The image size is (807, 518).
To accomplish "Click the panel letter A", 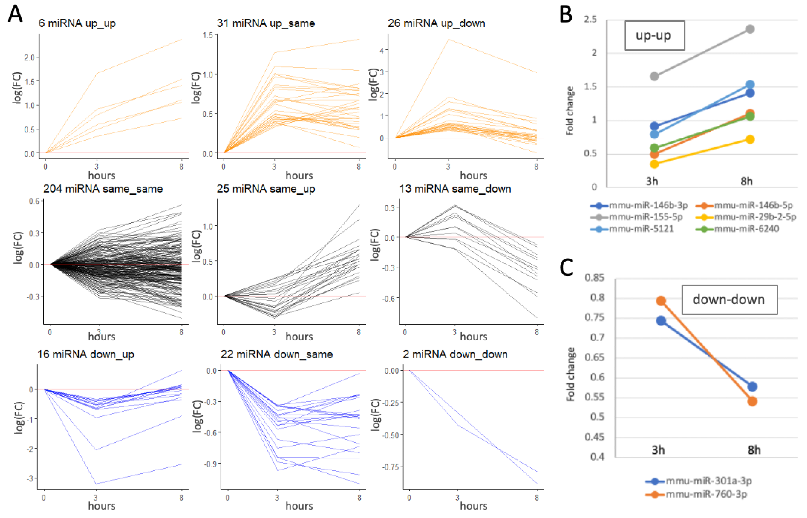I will click(x=15, y=14).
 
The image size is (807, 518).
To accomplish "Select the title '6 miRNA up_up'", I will click(x=77, y=23).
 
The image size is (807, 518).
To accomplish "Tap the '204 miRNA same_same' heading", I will click(x=103, y=189).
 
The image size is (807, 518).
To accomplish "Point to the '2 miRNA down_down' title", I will click(x=455, y=354).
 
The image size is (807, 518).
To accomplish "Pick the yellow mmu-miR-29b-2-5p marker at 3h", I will click(x=654, y=164).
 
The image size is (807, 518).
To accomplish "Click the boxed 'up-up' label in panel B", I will click(x=654, y=35).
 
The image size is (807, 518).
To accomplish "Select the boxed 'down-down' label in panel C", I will click(x=729, y=299).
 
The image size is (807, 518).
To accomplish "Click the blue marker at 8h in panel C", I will click(x=753, y=387).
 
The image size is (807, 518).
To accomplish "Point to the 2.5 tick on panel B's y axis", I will click(x=590, y=20).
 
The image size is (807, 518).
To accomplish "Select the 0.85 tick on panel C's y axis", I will click(x=594, y=278).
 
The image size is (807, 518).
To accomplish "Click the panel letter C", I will click(x=566, y=268).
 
